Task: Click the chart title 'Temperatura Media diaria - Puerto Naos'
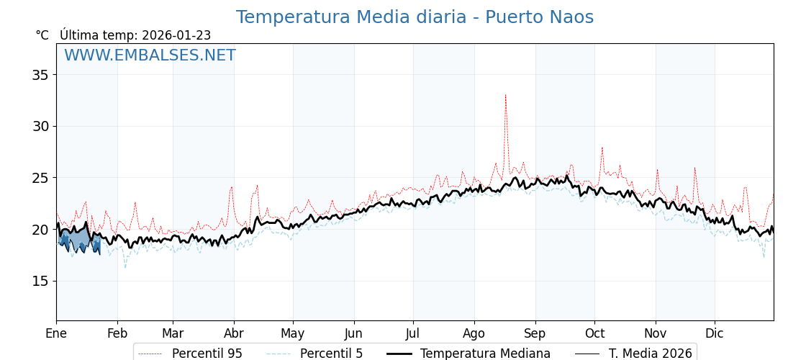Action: (415, 17)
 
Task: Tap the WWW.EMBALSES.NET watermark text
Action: (150, 55)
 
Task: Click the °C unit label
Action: (42, 35)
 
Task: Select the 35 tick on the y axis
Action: (40, 75)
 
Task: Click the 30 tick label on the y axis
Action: (40, 126)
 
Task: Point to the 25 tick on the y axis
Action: (40, 178)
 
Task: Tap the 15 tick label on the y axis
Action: (40, 281)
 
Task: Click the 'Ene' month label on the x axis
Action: (56, 333)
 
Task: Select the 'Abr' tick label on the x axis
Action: (234, 333)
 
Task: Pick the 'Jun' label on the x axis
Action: (354, 333)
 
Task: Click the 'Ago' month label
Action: (474, 333)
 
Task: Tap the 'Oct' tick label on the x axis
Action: (594, 333)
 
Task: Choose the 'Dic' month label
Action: (715, 333)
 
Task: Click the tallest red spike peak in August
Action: (505, 94)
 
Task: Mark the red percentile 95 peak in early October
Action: (602, 148)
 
